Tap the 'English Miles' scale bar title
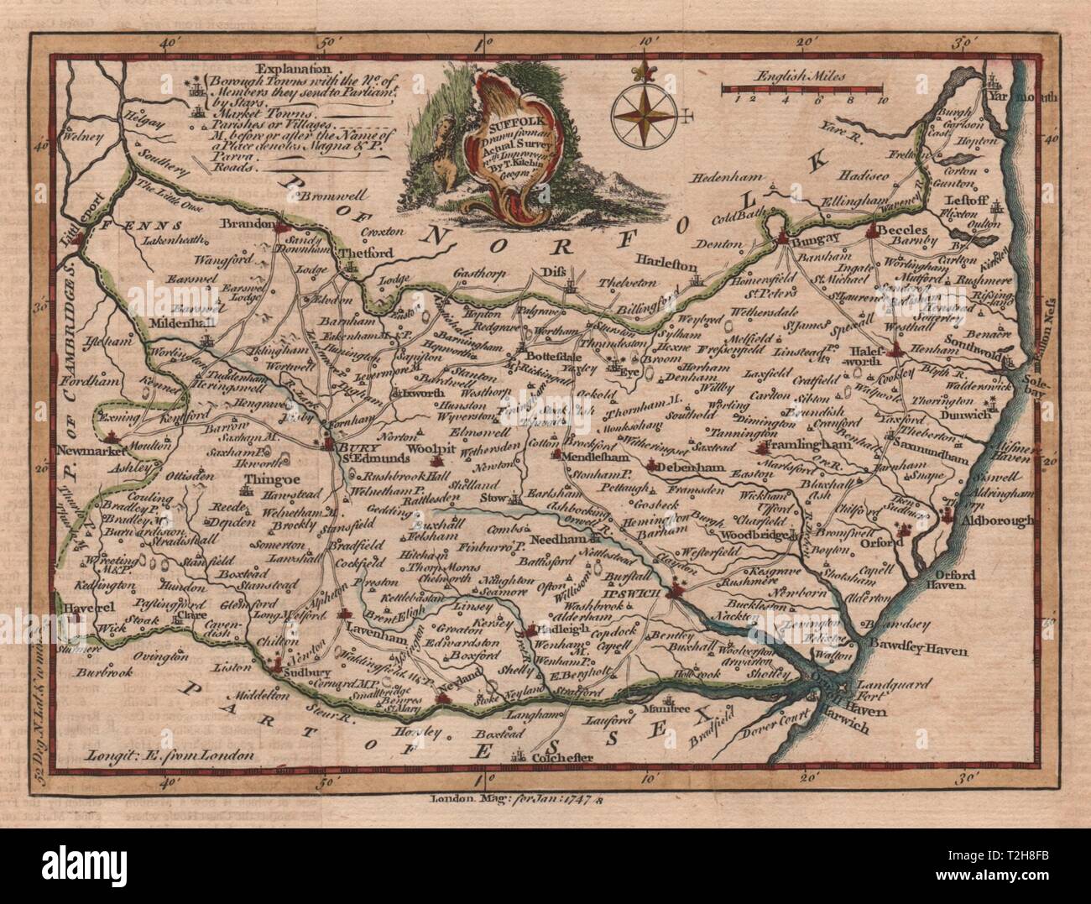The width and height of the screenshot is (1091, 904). [801, 76]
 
